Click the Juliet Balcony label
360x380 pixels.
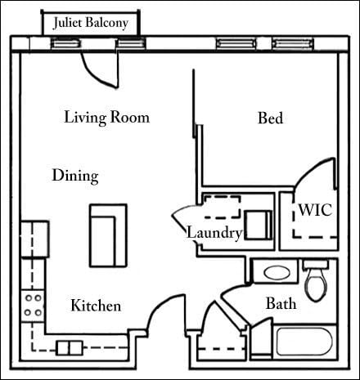[x=90, y=23]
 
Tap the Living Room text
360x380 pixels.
[x=106, y=118]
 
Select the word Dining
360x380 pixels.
[x=75, y=176]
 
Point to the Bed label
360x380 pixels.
[x=270, y=119]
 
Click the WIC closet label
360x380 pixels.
[x=314, y=210]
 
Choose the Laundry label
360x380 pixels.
[x=214, y=234]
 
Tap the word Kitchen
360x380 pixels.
[x=96, y=306]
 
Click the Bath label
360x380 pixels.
[x=281, y=304]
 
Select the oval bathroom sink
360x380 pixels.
[x=271, y=273]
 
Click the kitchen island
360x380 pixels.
[x=108, y=235]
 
